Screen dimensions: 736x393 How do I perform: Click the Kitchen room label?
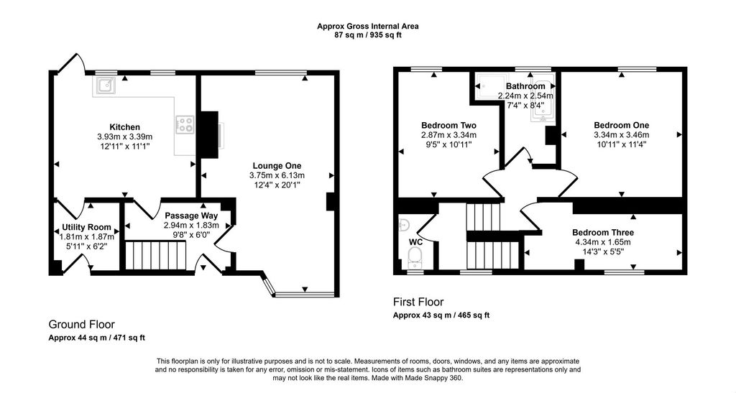pos(125,127)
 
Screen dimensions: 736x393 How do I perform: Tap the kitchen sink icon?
pos(106,85)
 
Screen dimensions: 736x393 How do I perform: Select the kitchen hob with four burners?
pos(185,124)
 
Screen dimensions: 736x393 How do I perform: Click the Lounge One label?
pos(277,165)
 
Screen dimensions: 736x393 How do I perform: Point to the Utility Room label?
pos(87,228)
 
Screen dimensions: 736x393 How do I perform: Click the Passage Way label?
pos(191,216)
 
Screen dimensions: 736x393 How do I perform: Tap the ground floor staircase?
pos(156,256)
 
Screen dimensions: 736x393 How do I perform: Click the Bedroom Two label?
pos(448,125)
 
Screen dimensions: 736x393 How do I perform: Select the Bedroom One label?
pos(622,125)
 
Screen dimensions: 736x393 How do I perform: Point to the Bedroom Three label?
pos(603,233)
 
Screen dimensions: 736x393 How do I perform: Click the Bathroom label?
pos(525,86)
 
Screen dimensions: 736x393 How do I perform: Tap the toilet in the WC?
pos(415,257)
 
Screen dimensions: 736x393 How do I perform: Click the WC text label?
pos(416,242)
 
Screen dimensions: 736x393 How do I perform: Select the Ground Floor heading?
pos(82,325)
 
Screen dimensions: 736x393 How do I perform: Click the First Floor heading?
pos(418,302)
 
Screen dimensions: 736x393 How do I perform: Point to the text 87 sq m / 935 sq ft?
pos(367,34)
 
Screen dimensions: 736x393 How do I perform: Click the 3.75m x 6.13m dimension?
pos(277,175)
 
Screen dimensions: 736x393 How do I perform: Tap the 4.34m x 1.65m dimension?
pos(603,242)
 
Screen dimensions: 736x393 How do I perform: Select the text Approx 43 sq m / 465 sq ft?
pos(441,315)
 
